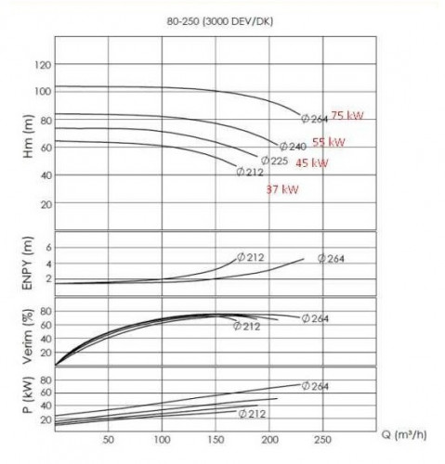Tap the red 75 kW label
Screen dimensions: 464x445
pyautogui.click(x=349, y=117)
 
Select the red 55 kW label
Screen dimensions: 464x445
pyautogui.click(x=330, y=142)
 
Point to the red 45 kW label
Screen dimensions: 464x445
pyautogui.click(x=312, y=163)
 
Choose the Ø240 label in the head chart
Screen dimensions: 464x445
pyautogui.click(x=293, y=147)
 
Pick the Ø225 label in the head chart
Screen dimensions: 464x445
pyautogui.click(x=274, y=161)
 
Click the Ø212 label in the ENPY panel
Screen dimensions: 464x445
pyautogui.click(x=252, y=256)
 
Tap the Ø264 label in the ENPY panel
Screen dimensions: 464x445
pyautogui.click(x=331, y=259)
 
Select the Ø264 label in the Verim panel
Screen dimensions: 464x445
pyautogui.click(x=316, y=318)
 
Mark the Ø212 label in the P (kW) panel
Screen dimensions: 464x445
pyautogui.click(x=253, y=413)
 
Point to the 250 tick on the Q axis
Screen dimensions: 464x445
pyautogui.click(x=323, y=439)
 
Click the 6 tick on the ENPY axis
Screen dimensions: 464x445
pyautogui.click(x=47, y=249)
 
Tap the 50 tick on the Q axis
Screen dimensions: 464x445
pyautogui.click(x=108, y=439)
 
